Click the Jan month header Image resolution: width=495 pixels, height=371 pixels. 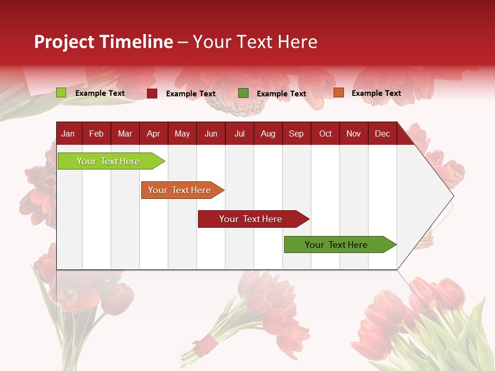click(69, 133)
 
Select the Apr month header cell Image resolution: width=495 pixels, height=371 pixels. click(154, 133)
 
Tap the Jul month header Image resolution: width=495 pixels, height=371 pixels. click(239, 133)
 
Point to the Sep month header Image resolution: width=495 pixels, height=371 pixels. click(296, 133)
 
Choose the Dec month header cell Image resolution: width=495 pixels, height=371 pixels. click(382, 133)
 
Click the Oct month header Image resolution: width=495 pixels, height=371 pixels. click(325, 133)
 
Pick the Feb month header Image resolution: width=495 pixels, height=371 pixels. click(96, 133)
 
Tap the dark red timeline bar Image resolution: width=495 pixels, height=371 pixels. click(251, 219)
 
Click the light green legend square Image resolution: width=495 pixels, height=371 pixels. click(61, 93)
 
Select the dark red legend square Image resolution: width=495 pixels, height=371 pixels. click(152, 93)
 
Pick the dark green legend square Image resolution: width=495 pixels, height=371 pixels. click(243, 93)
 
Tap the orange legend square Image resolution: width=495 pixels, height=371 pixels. click(338, 93)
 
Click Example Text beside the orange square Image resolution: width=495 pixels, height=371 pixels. click(376, 93)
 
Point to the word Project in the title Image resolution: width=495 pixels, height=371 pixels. click(64, 42)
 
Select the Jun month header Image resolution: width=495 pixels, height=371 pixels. click(211, 133)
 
